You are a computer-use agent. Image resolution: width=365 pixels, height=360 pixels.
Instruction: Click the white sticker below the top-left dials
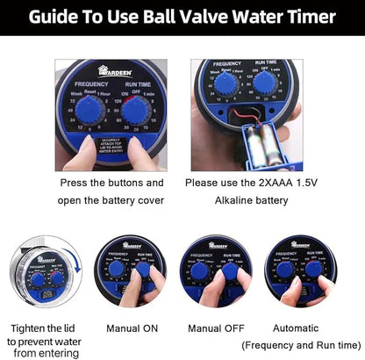point(112,147)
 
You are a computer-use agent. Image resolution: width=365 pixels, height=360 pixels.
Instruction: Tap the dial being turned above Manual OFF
point(230,273)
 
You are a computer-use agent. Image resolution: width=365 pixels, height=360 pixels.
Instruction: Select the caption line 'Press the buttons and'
point(111,183)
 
